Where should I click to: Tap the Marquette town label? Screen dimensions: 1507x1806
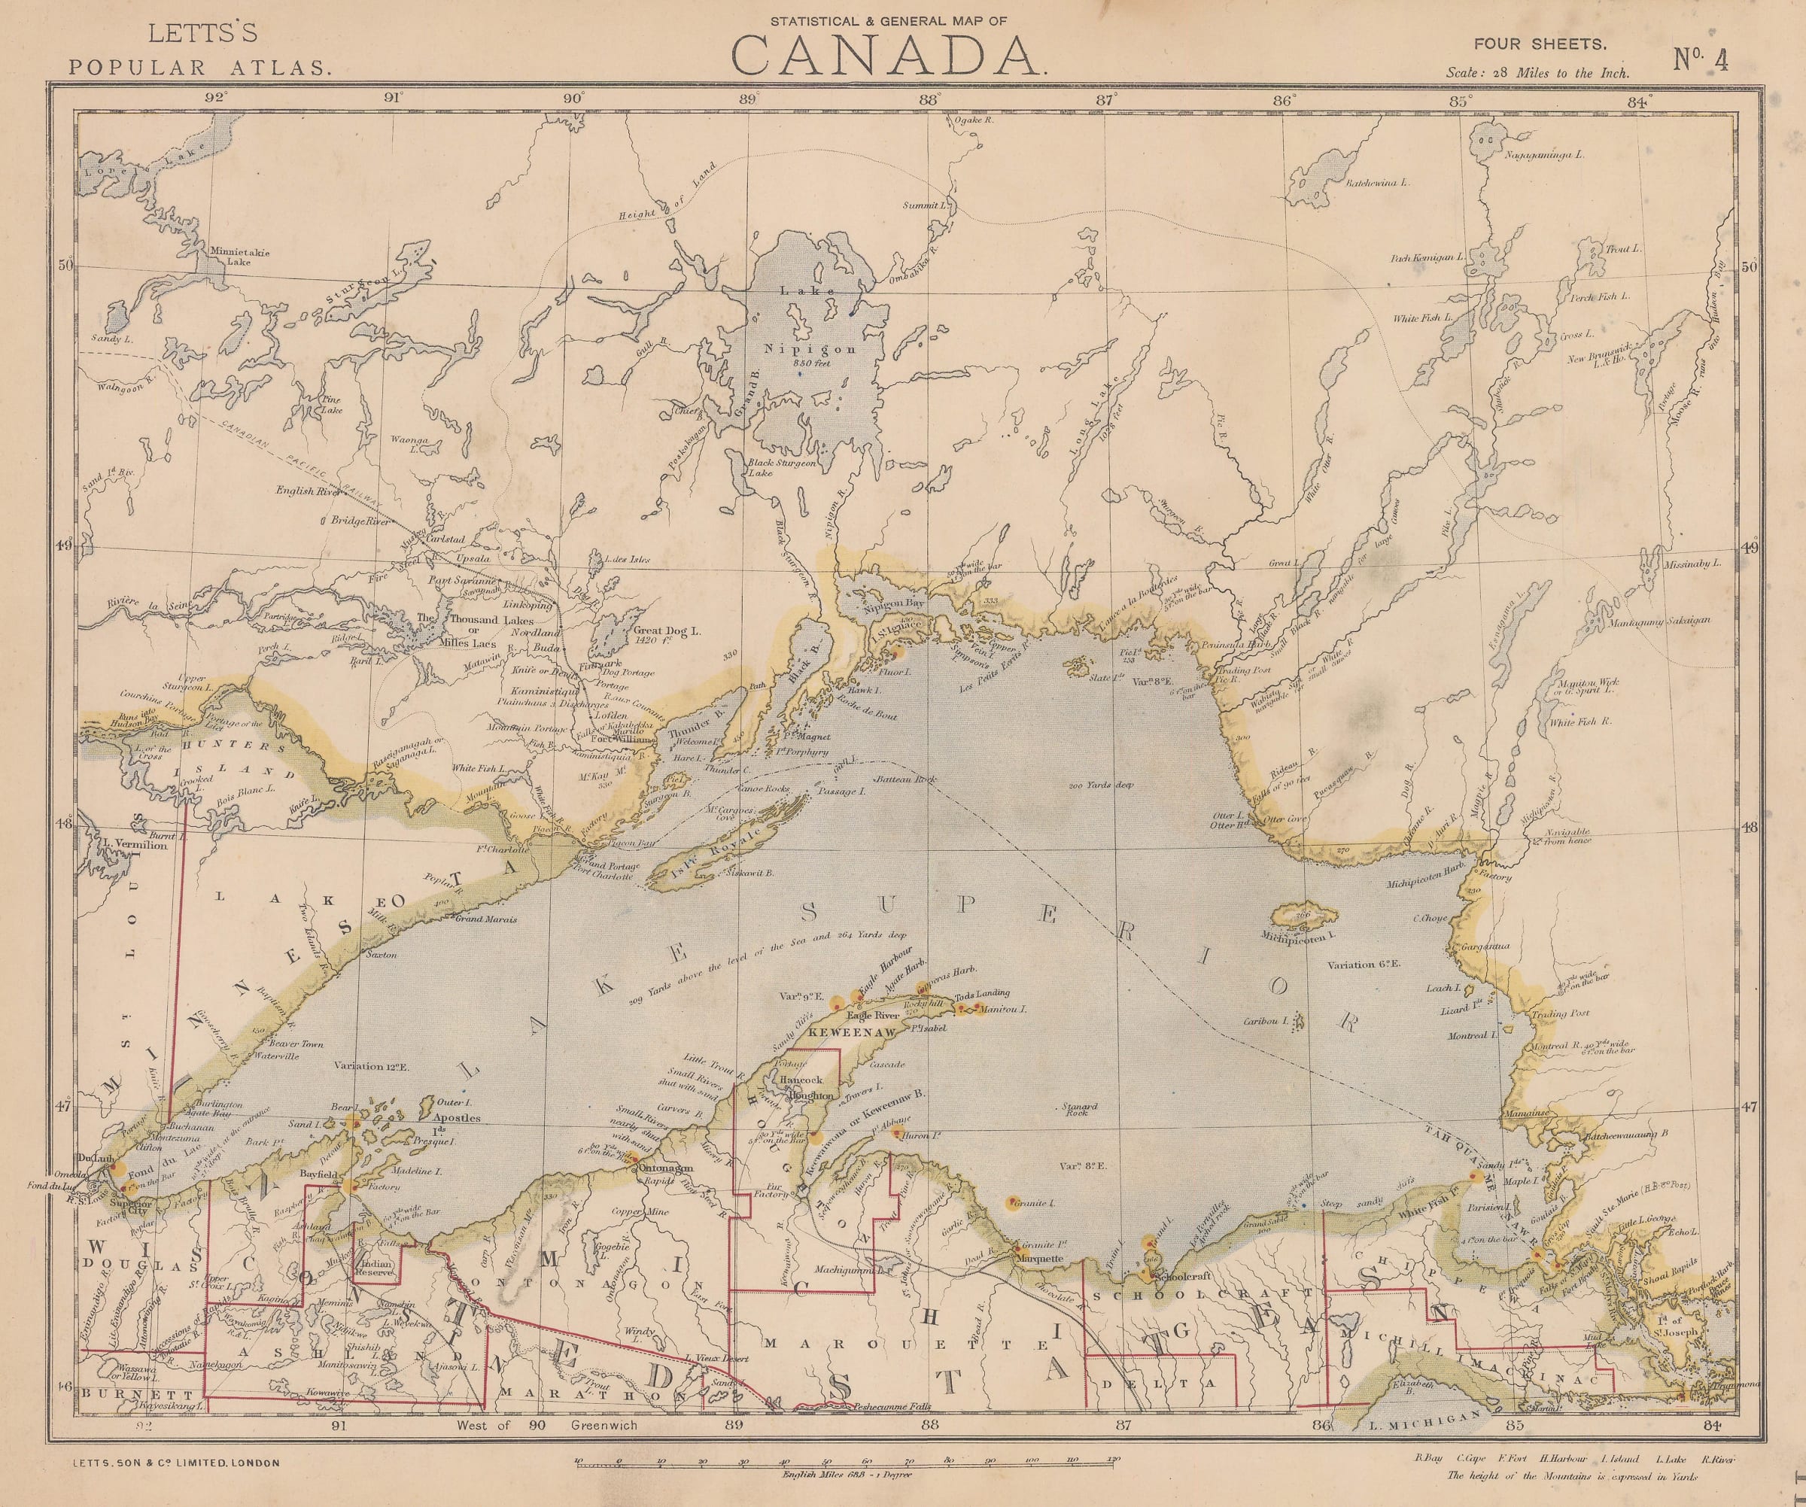(x=1041, y=1259)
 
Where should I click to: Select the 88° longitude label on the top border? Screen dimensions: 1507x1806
(x=926, y=100)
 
